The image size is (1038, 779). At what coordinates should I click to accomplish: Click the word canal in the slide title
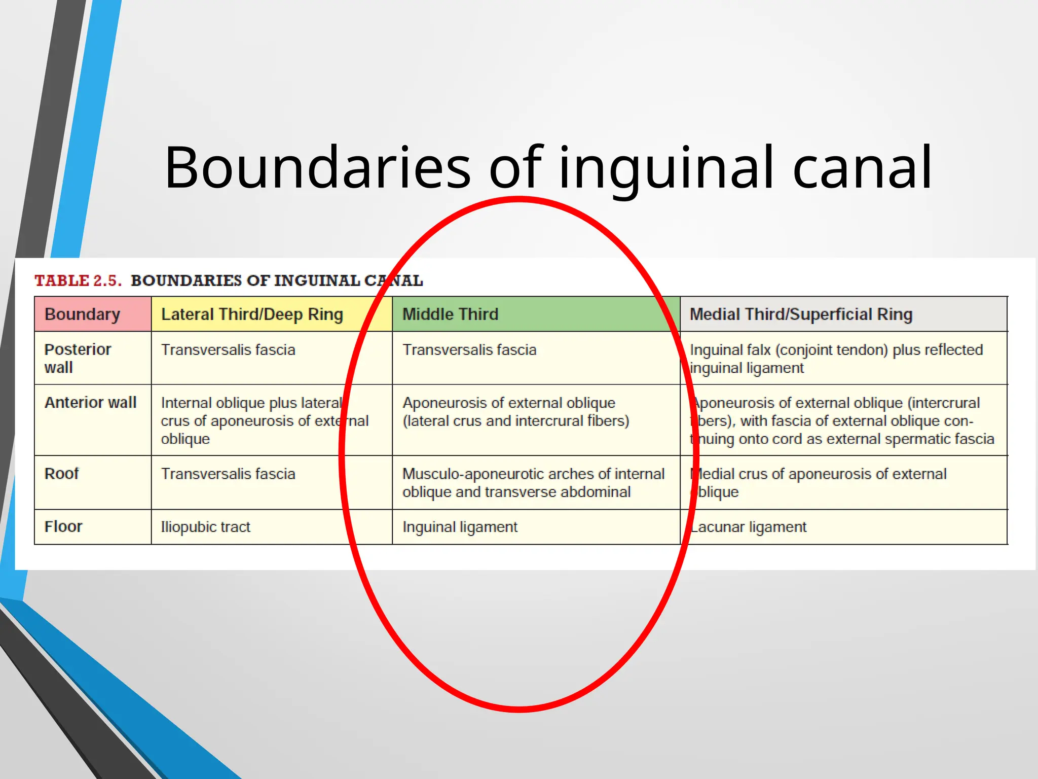click(x=861, y=168)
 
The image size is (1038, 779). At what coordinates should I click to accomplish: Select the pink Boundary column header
click(x=83, y=314)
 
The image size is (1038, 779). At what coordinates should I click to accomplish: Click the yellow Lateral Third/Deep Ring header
click(x=252, y=314)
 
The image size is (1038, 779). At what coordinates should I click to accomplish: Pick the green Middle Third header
click(x=451, y=314)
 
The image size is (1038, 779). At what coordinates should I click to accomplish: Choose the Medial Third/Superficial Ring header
click(x=801, y=314)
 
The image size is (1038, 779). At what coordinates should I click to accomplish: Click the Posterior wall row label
click(x=77, y=358)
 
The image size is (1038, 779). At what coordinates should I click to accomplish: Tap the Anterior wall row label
click(x=90, y=403)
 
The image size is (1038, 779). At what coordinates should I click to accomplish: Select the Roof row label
click(x=62, y=474)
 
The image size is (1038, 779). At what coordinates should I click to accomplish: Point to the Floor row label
click(x=63, y=527)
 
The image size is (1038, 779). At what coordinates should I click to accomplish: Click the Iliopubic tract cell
click(x=205, y=527)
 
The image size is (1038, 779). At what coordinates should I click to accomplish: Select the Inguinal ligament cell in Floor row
click(x=460, y=527)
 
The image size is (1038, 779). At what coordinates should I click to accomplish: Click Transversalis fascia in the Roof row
click(x=228, y=474)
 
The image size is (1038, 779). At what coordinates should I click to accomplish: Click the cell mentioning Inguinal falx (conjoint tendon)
click(x=836, y=359)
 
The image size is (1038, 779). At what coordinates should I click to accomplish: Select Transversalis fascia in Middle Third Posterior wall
click(x=469, y=350)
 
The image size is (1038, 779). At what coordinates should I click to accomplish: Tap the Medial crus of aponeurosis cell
click(x=819, y=482)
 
